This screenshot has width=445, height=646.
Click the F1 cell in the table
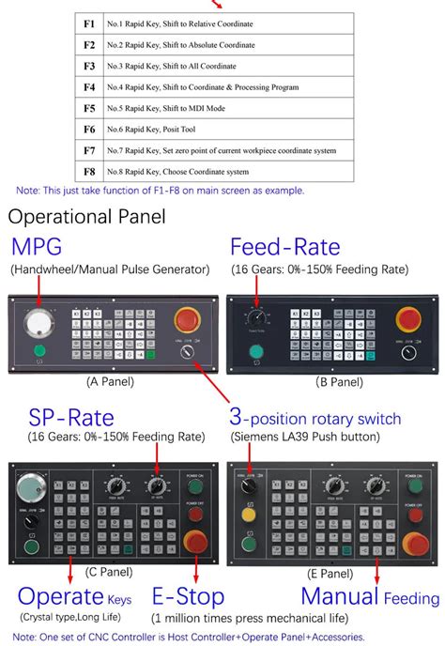pyautogui.click(x=90, y=22)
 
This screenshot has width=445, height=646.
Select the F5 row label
pyautogui.click(x=90, y=108)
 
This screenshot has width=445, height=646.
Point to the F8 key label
pyautogui.click(x=90, y=172)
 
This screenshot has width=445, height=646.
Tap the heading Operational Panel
pyautogui.click(x=86, y=217)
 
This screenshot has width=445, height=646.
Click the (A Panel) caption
pyautogui.click(x=110, y=382)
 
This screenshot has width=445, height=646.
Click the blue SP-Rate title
pyautogui.click(x=70, y=418)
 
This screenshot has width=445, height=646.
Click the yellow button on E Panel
pyautogui.click(x=249, y=515)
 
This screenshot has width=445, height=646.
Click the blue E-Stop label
pyautogui.click(x=188, y=597)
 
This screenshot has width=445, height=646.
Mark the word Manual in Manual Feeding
pyautogui.click(x=339, y=597)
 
